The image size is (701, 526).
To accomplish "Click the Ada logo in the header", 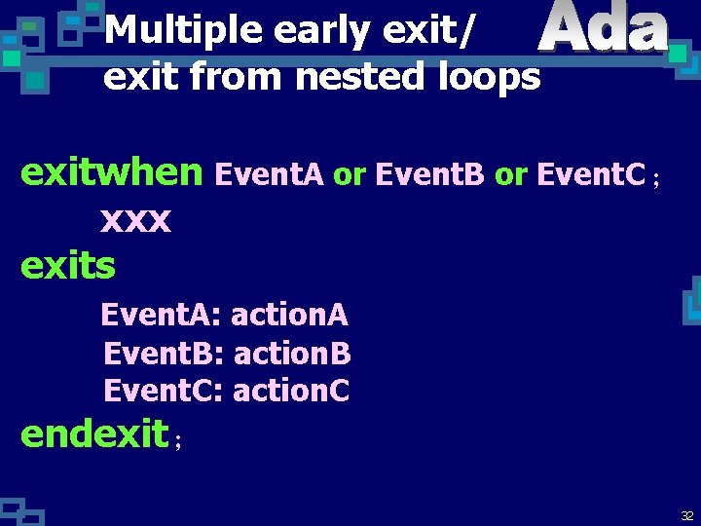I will (x=604, y=29).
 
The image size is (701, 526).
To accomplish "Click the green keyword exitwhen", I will (x=112, y=173).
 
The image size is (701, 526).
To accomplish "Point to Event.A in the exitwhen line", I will (x=271, y=174).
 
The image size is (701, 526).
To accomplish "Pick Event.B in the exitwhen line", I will (x=430, y=174).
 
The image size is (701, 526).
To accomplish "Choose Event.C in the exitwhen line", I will (x=592, y=174).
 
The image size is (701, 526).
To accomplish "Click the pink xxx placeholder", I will (x=135, y=221).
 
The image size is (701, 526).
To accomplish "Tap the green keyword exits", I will (x=68, y=264).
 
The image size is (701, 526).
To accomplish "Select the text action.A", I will (x=289, y=316).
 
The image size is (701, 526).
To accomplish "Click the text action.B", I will (x=292, y=353).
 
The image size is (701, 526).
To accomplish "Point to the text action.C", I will (x=291, y=391).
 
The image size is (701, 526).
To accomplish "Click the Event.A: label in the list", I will (x=163, y=316).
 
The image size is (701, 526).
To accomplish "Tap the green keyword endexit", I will (x=94, y=434).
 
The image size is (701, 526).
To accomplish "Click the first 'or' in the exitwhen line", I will (x=349, y=175).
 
